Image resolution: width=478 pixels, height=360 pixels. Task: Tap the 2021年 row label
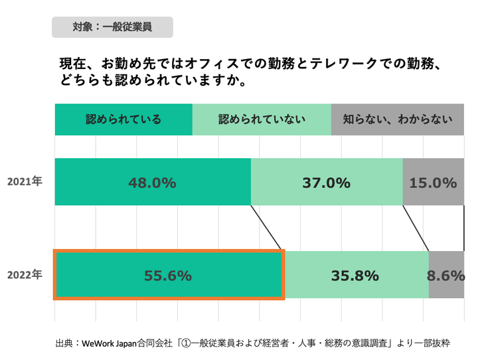click(x=25, y=181)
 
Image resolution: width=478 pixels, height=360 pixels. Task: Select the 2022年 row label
click(x=25, y=274)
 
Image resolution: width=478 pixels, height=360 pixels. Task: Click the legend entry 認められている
click(x=123, y=120)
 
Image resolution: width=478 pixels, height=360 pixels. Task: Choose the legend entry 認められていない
click(x=262, y=120)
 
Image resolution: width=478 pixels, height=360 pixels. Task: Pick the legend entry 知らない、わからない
click(x=398, y=120)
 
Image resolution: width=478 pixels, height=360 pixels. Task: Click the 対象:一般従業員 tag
click(x=112, y=27)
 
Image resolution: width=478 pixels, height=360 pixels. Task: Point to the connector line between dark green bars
click(x=268, y=227)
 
